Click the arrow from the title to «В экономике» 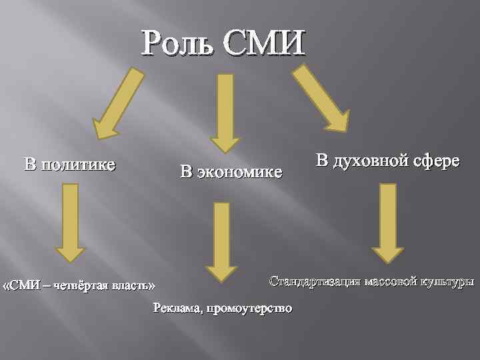(225, 110)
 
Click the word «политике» (78, 164)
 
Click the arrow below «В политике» (70, 222)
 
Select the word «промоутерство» (249, 308)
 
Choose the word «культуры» (446, 281)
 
